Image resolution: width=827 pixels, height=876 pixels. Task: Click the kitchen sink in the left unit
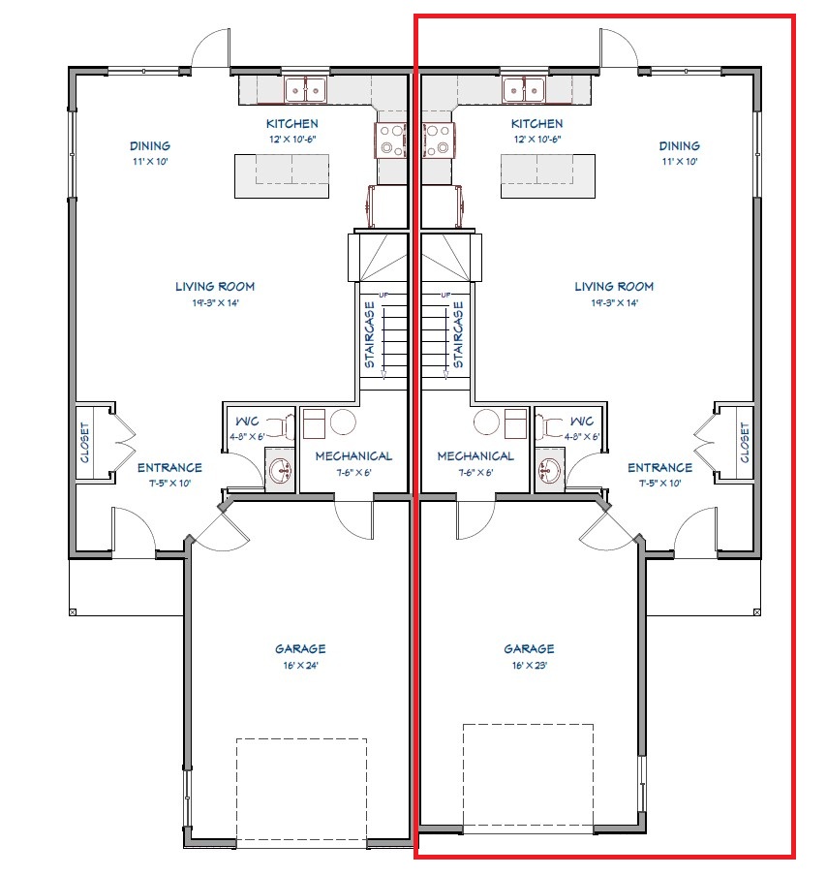coord(305,90)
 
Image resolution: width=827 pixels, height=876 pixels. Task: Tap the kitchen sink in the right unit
coord(523,90)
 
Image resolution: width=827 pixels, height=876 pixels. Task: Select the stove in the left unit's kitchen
coord(390,140)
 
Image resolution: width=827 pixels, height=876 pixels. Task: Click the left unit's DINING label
coord(150,145)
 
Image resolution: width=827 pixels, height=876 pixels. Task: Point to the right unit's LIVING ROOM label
coord(614,287)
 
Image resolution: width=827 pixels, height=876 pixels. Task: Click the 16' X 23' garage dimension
coord(530,666)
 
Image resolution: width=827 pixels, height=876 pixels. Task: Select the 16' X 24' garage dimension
coord(300,666)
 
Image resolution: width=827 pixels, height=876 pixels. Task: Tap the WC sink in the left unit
coord(280,470)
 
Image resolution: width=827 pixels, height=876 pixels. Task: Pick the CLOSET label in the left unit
coord(85,443)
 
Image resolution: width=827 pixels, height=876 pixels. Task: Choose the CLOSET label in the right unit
coord(745,443)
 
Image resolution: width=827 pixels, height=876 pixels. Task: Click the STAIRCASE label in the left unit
coord(370,334)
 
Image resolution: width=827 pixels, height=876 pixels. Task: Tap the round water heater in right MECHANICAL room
coord(486,422)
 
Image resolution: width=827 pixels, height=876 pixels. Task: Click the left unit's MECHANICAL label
coord(353,456)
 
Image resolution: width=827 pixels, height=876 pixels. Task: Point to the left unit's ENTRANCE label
coord(169,468)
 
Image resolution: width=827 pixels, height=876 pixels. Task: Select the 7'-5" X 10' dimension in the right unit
coord(660,484)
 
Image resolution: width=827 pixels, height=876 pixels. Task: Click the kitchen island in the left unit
coord(282,176)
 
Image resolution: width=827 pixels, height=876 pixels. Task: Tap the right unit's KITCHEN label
coord(537,123)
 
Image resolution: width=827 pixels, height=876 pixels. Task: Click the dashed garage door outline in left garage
coord(301,790)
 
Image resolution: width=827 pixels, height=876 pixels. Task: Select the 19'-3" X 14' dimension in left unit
coord(216,302)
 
